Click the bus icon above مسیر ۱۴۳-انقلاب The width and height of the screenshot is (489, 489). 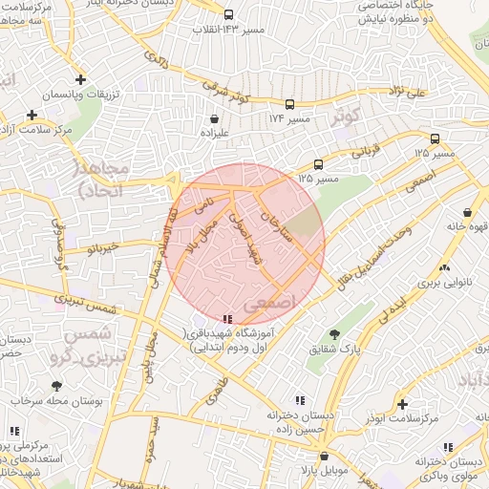(x=228, y=15)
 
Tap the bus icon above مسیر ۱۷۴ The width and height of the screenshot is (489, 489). (x=289, y=106)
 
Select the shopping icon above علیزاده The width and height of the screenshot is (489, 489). (x=212, y=120)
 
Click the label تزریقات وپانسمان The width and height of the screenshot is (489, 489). (x=81, y=98)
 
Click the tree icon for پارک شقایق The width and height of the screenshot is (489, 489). (x=333, y=334)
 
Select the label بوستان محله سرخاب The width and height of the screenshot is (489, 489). (x=58, y=401)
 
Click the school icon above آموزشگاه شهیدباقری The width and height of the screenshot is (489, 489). (x=226, y=319)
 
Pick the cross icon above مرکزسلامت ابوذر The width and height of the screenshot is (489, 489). (x=402, y=405)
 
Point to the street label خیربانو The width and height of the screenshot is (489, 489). (x=102, y=249)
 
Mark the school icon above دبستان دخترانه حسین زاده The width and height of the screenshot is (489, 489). (x=300, y=401)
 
